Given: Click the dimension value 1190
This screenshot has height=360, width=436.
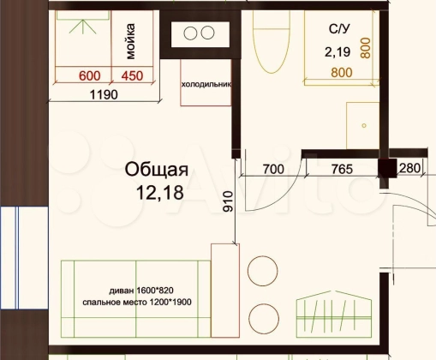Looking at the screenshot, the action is pyautogui.click(x=104, y=94).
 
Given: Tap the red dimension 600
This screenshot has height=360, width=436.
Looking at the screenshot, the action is pyautogui.click(x=90, y=76).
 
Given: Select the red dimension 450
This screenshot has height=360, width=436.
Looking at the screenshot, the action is pyautogui.click(x=132, y=76).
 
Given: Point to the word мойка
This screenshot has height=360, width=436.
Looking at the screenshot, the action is pyautogui.click(x=130, y=41).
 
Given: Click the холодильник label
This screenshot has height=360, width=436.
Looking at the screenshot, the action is pyautogui.click(x=206, y=85).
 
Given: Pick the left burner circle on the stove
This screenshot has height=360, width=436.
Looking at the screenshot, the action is pyautogui.click(x=190, y=33).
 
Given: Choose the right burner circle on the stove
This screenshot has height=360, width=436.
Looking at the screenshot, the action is pyautogui.click(x=207, y=33).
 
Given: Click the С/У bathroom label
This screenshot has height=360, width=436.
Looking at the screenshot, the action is pyautogui.click(x=339, y=29).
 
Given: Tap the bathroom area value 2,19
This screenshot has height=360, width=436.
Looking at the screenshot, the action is pyautogui.click(x=337, y=52).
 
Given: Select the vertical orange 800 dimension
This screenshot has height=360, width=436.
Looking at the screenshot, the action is pyautogui.click(x=366, y=48).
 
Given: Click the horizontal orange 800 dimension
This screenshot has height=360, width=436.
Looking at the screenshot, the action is pyautogui.click(x=342, y=73).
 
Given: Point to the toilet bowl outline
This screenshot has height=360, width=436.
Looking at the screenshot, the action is pyautogui.click(x=272, y=43).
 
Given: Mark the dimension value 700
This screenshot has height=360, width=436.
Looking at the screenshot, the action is pyautogui.click(x=273, y=169).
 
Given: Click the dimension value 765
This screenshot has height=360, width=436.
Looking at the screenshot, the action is pyautogui.click(x=342, y=169).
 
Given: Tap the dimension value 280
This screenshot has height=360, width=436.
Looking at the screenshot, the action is pyautogui.click(x=409, y=168).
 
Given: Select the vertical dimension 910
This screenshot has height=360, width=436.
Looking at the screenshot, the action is pyautogui.click(x=228, y=201).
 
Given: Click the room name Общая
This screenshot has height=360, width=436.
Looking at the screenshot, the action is pyautogui.click(x=157, y=170).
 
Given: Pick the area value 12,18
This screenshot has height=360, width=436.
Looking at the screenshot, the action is pyautogui.click(x=160, y=192).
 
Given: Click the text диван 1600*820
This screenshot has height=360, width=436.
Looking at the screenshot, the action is pyautogui.click(x=141, y=291).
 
